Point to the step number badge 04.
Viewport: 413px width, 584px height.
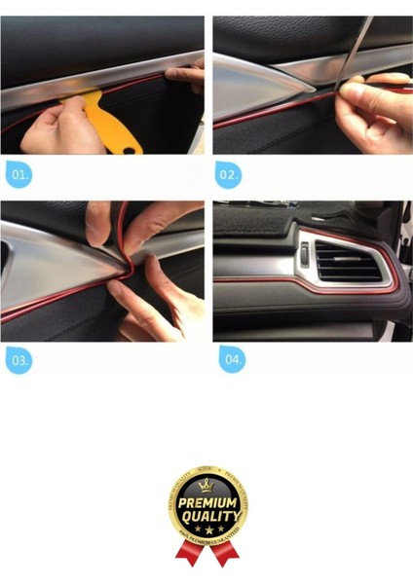(231, 359)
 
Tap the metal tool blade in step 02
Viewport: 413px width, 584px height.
(357, 49)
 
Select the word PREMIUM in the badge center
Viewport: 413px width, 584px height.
(206, 502)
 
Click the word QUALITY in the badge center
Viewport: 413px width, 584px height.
(206, 516)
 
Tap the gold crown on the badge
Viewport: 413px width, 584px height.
(206, 485)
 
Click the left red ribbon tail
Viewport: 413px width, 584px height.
(188, 555)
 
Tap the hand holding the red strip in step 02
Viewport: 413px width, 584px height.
(375, 117)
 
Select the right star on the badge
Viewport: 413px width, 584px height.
(216, 529)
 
